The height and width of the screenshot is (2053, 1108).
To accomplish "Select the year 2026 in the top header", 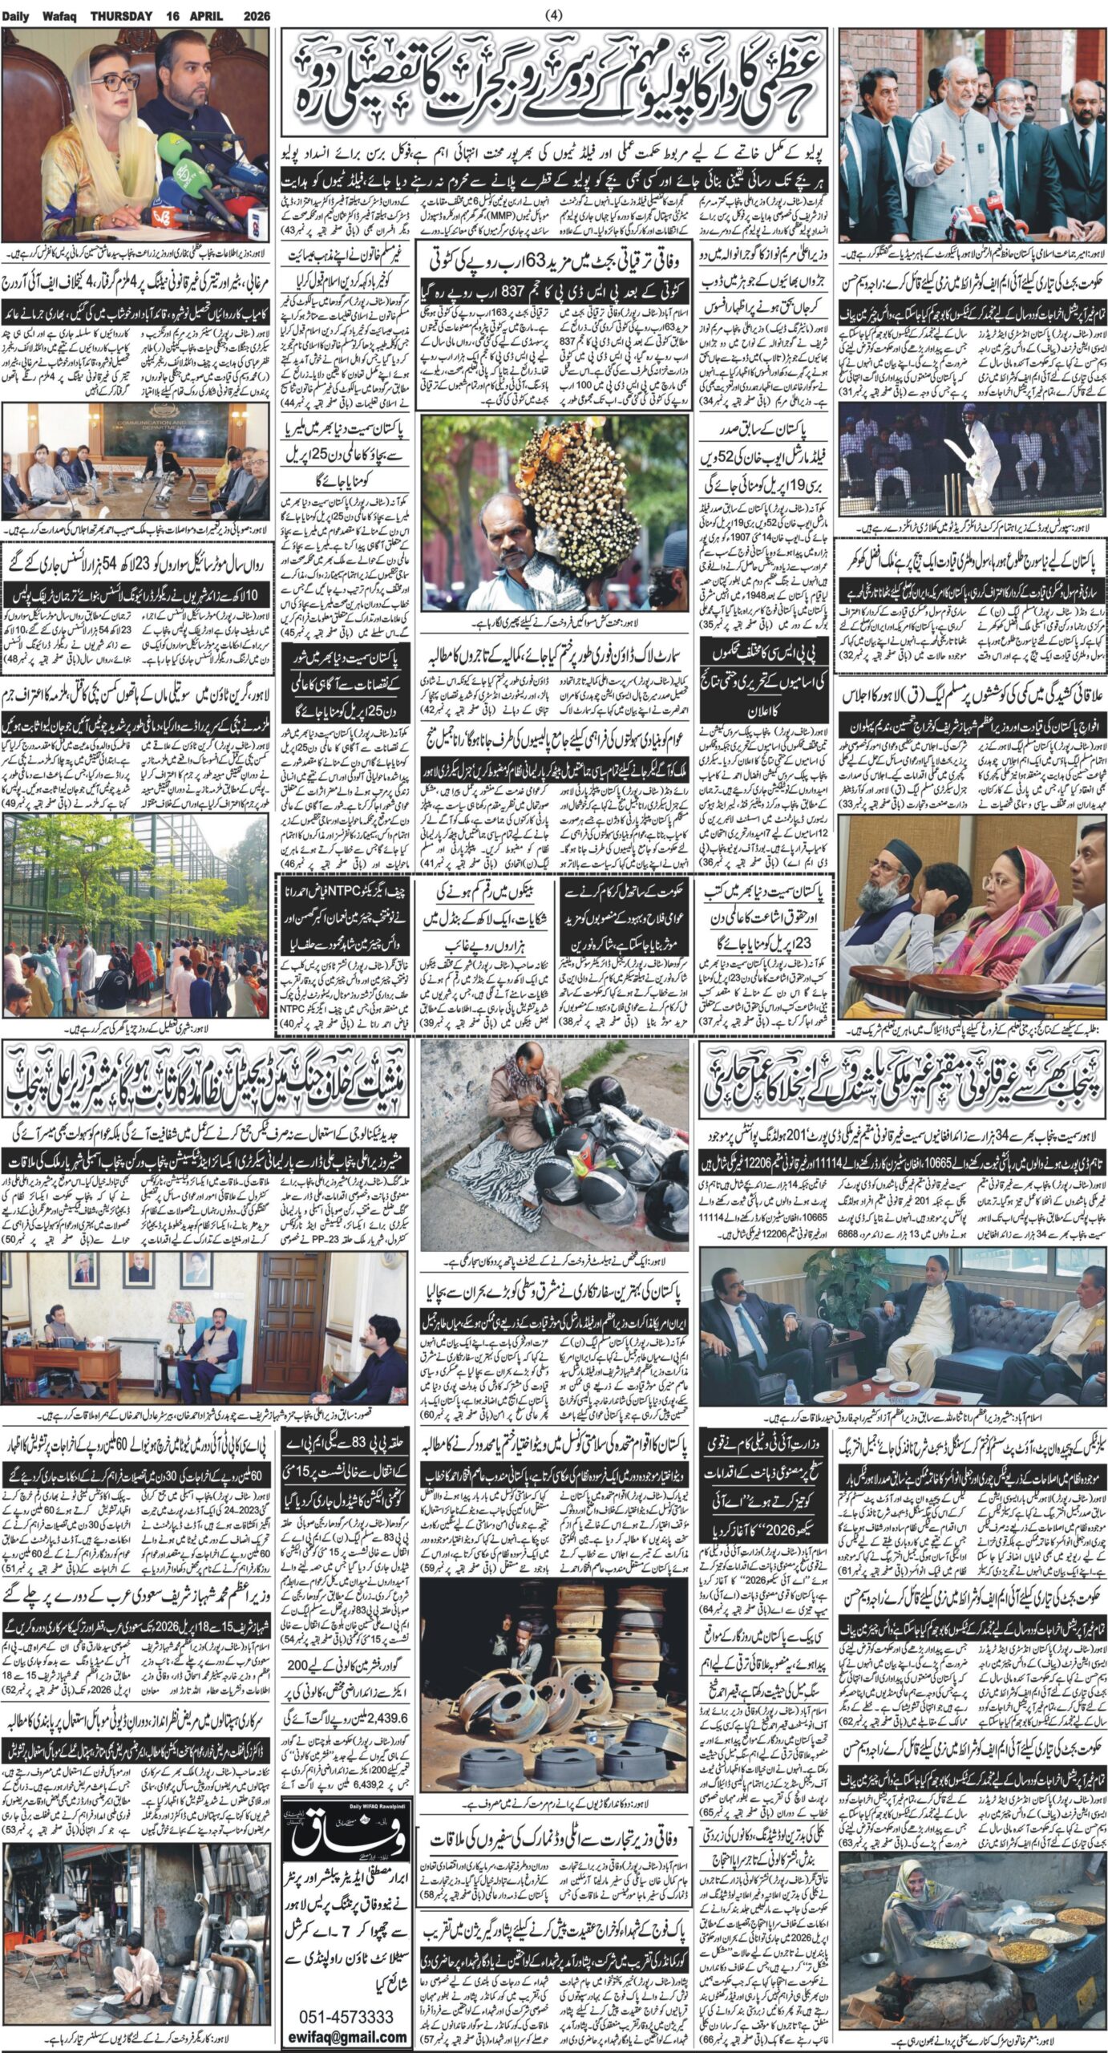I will tap(254, 15).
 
